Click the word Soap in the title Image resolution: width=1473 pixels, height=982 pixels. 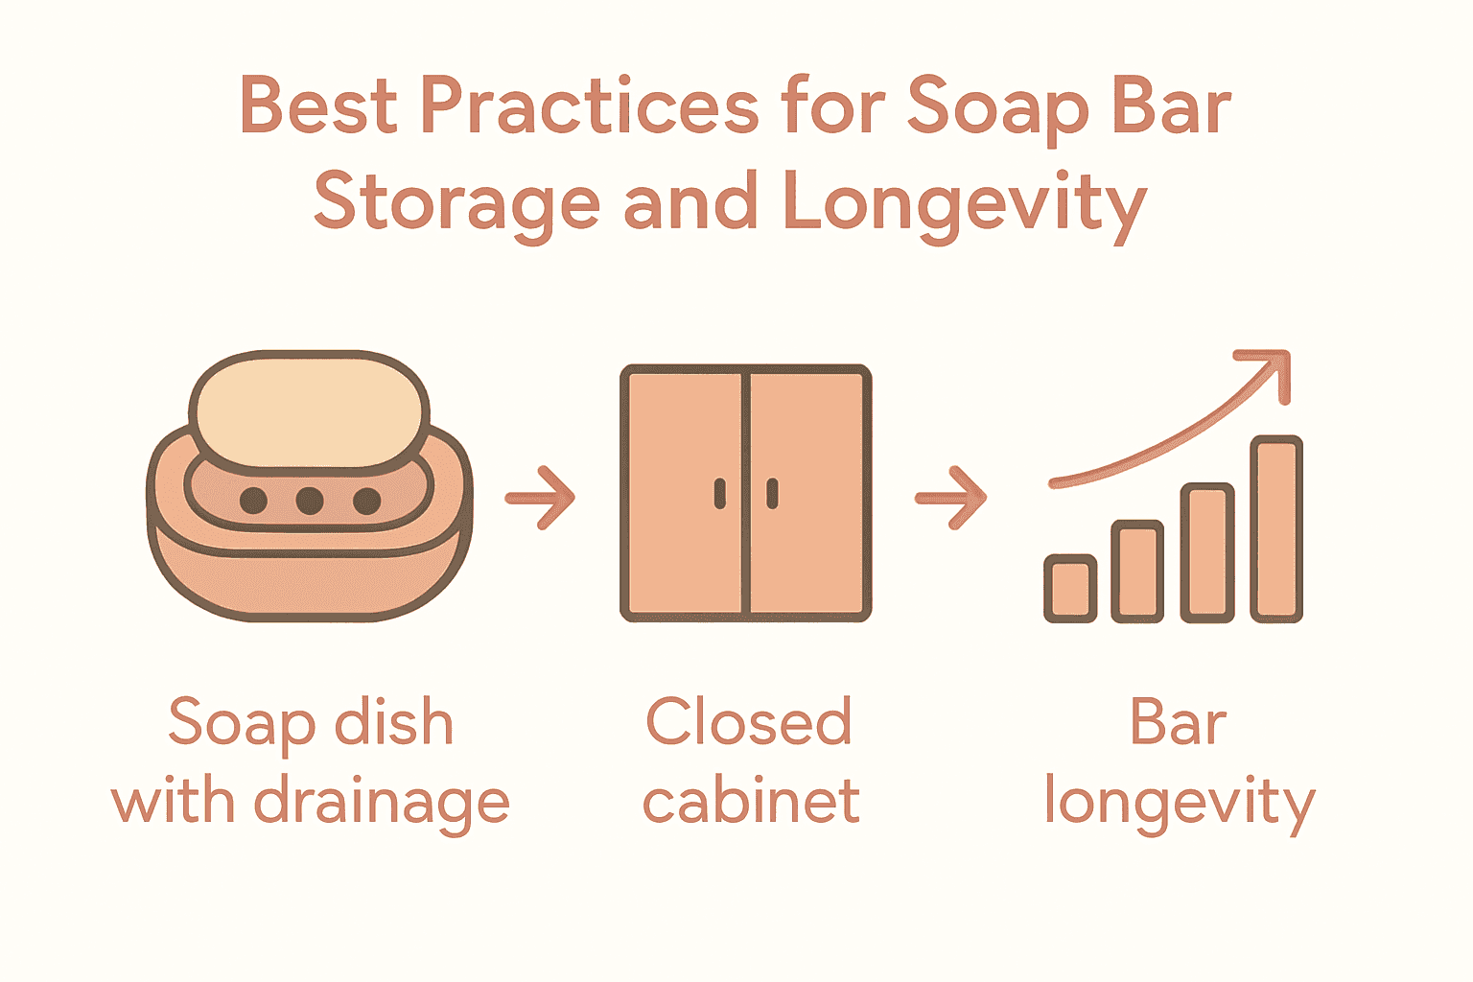(997, 107)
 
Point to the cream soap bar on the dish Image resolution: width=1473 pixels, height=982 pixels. (309, 409)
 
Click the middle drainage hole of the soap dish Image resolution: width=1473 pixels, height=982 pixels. (309, 500)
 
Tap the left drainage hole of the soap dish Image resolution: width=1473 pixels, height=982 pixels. (253, 500)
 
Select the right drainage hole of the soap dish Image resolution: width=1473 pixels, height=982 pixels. (366, 500)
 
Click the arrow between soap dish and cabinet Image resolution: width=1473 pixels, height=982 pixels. (541, 497)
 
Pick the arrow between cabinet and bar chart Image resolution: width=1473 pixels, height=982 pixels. (951, 497)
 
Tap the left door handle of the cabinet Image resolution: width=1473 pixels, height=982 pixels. (720, 494)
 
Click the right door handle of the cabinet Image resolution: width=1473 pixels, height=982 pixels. (772, 494)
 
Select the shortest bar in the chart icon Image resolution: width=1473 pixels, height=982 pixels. (1070, 588)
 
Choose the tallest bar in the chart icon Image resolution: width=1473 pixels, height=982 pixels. (1276, 528)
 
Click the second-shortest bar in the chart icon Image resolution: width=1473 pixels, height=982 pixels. (1137, 571)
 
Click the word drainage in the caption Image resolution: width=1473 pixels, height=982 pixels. (381, 804)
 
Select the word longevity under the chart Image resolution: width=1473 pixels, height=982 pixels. (1179, 804)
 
